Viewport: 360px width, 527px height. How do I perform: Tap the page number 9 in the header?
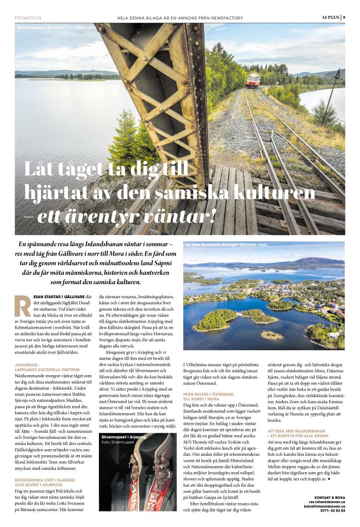(344, 18)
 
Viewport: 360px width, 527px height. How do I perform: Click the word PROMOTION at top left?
(28, 18)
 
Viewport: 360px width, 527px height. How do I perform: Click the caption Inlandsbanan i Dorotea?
(39, 28)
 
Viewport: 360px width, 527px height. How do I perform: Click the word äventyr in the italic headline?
(86, 217)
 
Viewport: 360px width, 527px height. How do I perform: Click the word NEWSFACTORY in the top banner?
(228, 18)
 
